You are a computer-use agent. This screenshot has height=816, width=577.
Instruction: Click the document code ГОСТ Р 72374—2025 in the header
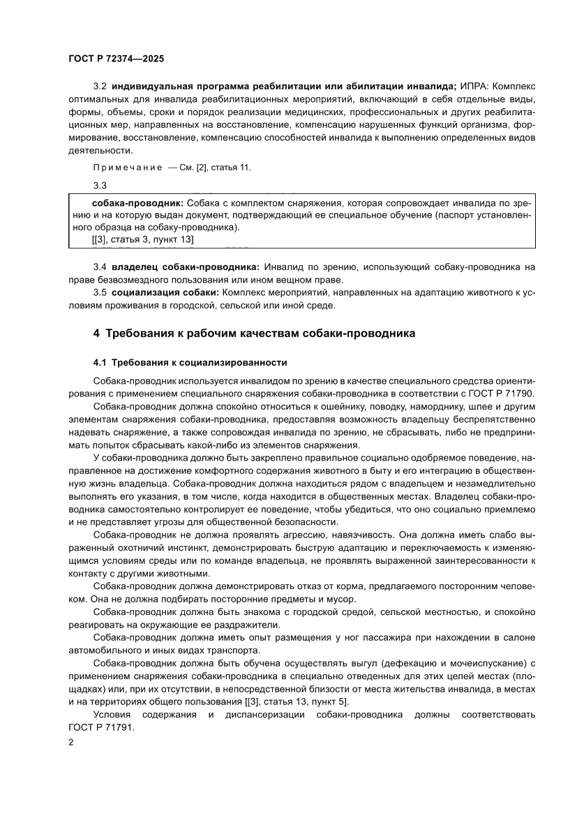click(117, 59)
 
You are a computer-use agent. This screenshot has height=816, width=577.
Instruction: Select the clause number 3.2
click(100, 87)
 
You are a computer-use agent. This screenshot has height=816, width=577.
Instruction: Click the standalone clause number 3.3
click(100, 186)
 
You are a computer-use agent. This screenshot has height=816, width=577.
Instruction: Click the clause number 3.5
click(100, 293)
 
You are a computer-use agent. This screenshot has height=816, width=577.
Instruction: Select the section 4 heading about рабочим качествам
click(254, 333)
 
